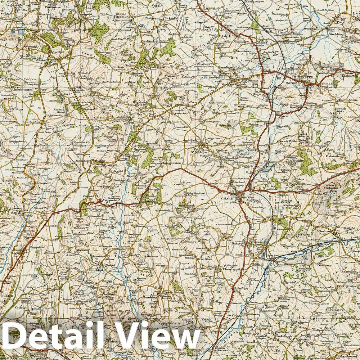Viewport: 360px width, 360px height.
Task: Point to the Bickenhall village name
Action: [171, 17]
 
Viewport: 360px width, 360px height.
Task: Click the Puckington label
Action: [345, 22]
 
